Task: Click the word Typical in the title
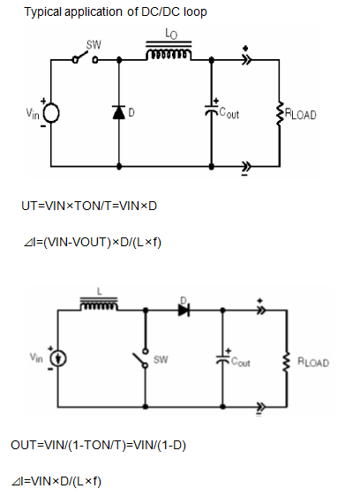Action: click(x=42, y=12)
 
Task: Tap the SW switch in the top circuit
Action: click(x=86, y=57)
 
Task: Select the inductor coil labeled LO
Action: click(x=169, y=50)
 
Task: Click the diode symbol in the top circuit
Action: click(x=119, y=112)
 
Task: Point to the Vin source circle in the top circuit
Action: click(x=51, y=113)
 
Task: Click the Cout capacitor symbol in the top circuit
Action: click(x=211, y=110)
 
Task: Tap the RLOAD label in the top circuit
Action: click(x=301, y=114)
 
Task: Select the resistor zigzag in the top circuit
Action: click(x=279, y=114)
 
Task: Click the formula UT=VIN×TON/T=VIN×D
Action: click(x=89, y=207)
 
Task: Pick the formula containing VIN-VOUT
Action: click(x=93, y=243)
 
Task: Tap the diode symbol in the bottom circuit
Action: click(x=184, y=311)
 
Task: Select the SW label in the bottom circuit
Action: click(x=161, y=360)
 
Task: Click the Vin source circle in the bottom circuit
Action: click(x=58, y=358)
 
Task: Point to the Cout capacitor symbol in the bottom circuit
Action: click(x=222, y=359)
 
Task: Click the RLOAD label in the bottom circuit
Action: click(x=313, y=362)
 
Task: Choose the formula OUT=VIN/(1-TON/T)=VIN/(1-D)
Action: click(x=99, y=446)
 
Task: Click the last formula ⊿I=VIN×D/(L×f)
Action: click(x=56, y=482)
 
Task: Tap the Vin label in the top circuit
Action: click(x=33, y=114)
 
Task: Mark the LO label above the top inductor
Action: click(x=171, y=34)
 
